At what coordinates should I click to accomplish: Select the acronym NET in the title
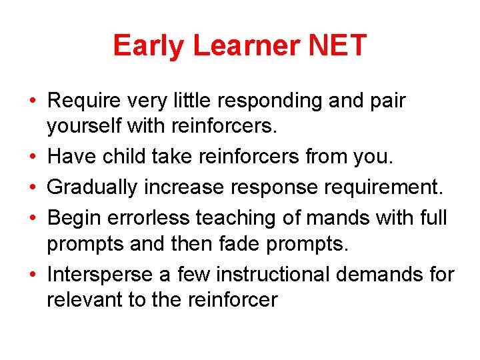tap(338, 45)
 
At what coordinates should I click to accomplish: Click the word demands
tap(379, 274)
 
